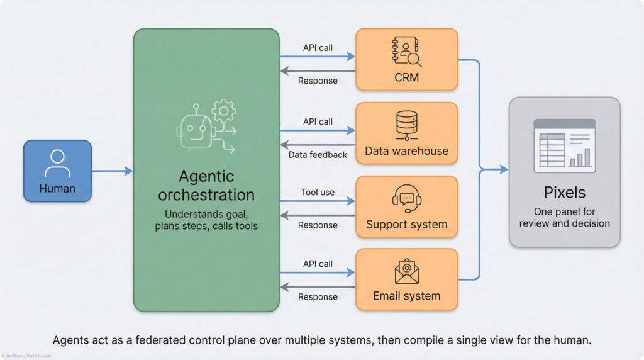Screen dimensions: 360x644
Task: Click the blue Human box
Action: tap(57, 171)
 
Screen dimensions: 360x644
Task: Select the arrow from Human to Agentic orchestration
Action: tap(113, 171)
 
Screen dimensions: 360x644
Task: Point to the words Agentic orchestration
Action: tap(206, 185)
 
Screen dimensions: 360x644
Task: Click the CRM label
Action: tap(406, 79)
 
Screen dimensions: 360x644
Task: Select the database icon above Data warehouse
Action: tap(406, 125)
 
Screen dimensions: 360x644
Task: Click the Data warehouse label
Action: tap(406, 151)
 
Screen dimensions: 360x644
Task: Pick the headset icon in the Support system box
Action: tap(406, 198)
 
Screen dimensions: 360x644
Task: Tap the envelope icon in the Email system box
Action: tap(406, 270)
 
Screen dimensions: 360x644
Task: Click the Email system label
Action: tap(406, 296)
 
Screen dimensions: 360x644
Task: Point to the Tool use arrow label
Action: tap(318, 192)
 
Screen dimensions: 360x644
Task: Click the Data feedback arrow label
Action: tap(318, 155)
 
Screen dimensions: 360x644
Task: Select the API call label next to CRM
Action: tap(318, 47)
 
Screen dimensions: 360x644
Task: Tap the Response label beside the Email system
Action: tap(318, 297)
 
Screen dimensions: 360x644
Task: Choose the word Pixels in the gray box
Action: tap(564, 192)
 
